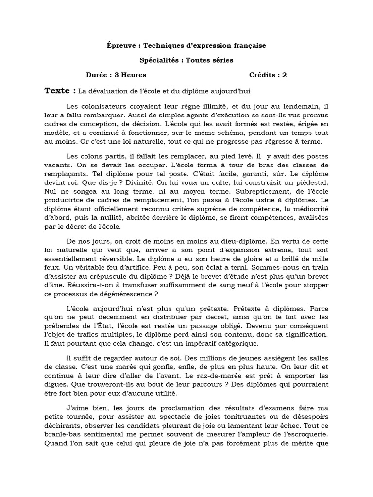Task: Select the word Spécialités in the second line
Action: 158,60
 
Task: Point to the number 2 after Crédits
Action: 285,75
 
